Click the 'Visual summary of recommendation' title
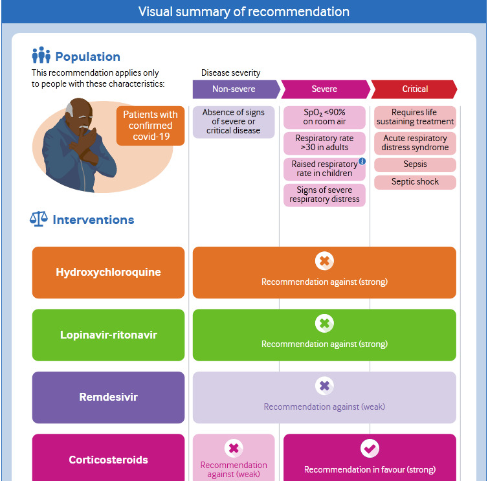pos(244,12)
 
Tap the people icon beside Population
pos(41,56)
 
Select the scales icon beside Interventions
pos(39,219)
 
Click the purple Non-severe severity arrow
pos(234,89)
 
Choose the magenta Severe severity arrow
pos(324,89)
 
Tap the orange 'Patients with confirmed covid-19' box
pos(150,126)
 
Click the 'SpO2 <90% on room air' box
pos(324,117)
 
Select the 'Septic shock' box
pos(415,182)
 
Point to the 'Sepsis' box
pos(415,164)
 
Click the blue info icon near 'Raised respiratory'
pos(362,161)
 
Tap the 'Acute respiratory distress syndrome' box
pos(415,142)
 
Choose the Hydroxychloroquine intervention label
pos(108,272)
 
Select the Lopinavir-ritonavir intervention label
pos(108,335)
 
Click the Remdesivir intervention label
pos(108,397)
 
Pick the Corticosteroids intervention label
pos(108,460)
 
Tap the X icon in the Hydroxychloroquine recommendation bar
pos(324,262)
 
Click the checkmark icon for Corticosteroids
pos(370,449)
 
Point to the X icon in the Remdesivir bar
pos(324,386)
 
